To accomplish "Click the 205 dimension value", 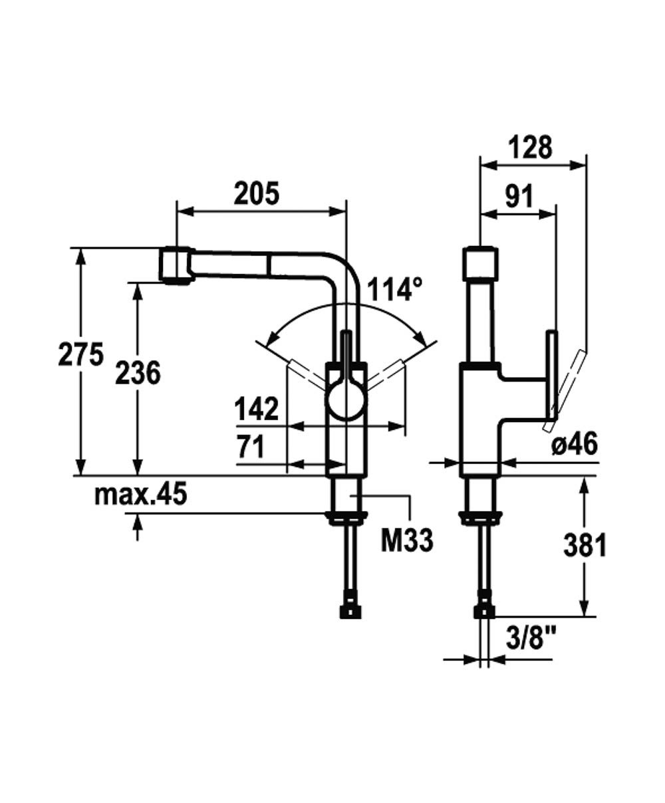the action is (256, 194).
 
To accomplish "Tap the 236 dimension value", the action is (138, 373).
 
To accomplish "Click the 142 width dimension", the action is (256, 409).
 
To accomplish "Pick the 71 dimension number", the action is (251, 447).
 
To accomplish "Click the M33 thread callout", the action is (407, 540).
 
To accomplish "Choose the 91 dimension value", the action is (519, 196).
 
